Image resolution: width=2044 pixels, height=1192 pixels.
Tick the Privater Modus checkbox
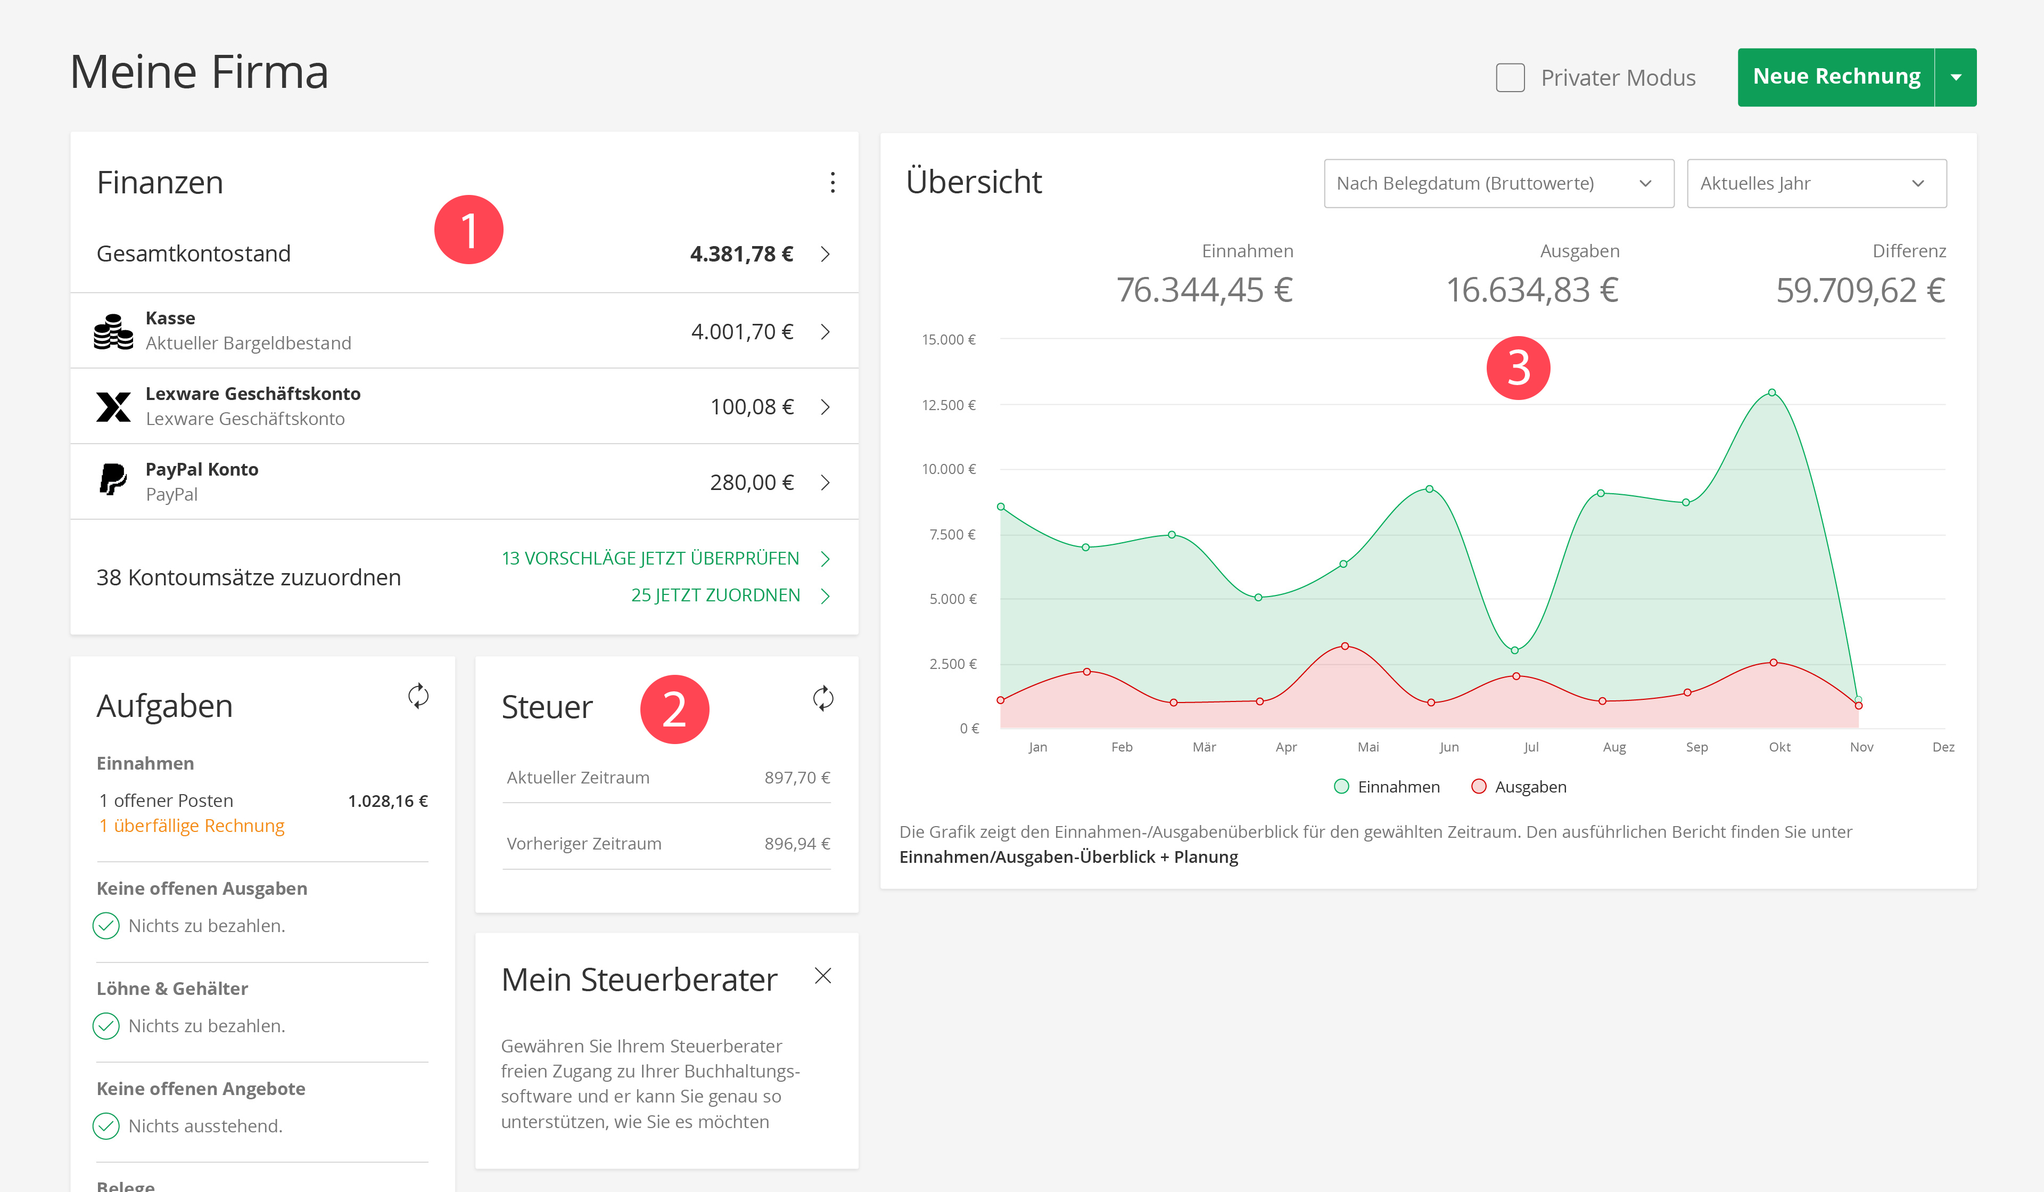tap(1510, 78)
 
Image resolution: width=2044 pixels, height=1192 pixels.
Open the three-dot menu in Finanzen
tap(832, 183)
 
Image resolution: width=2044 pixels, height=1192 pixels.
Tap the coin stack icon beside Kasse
tap(113, 331)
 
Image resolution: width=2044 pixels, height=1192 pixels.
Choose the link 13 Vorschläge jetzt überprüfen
tap(650, 558)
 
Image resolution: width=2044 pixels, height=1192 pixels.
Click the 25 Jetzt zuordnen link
tap(715, 595)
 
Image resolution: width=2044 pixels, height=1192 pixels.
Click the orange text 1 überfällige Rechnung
tap(192, 826)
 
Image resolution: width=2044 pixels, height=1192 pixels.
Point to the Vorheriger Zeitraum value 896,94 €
tap(796, 844)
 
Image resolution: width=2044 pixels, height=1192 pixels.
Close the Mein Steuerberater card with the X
tap(822, 976)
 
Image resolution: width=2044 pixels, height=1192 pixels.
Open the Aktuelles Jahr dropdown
tap(1816, 183)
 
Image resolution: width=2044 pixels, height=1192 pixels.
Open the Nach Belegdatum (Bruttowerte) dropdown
tap(1498, 183)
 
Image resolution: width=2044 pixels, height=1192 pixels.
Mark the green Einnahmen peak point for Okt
tap(1773, 393)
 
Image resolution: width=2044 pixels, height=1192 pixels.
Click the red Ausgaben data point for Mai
tap(1345, 646)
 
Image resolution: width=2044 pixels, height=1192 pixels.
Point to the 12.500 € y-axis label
tap(949, 405)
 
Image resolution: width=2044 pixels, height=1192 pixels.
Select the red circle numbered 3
tap(1518, 368)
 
